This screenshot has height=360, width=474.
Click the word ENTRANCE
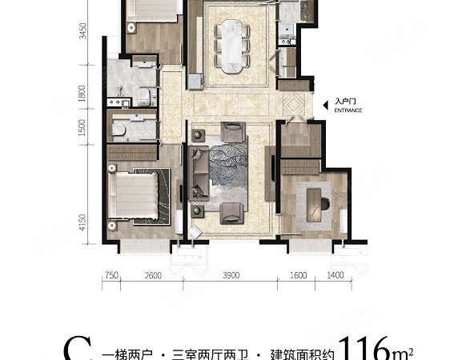[x=349, y=111]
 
